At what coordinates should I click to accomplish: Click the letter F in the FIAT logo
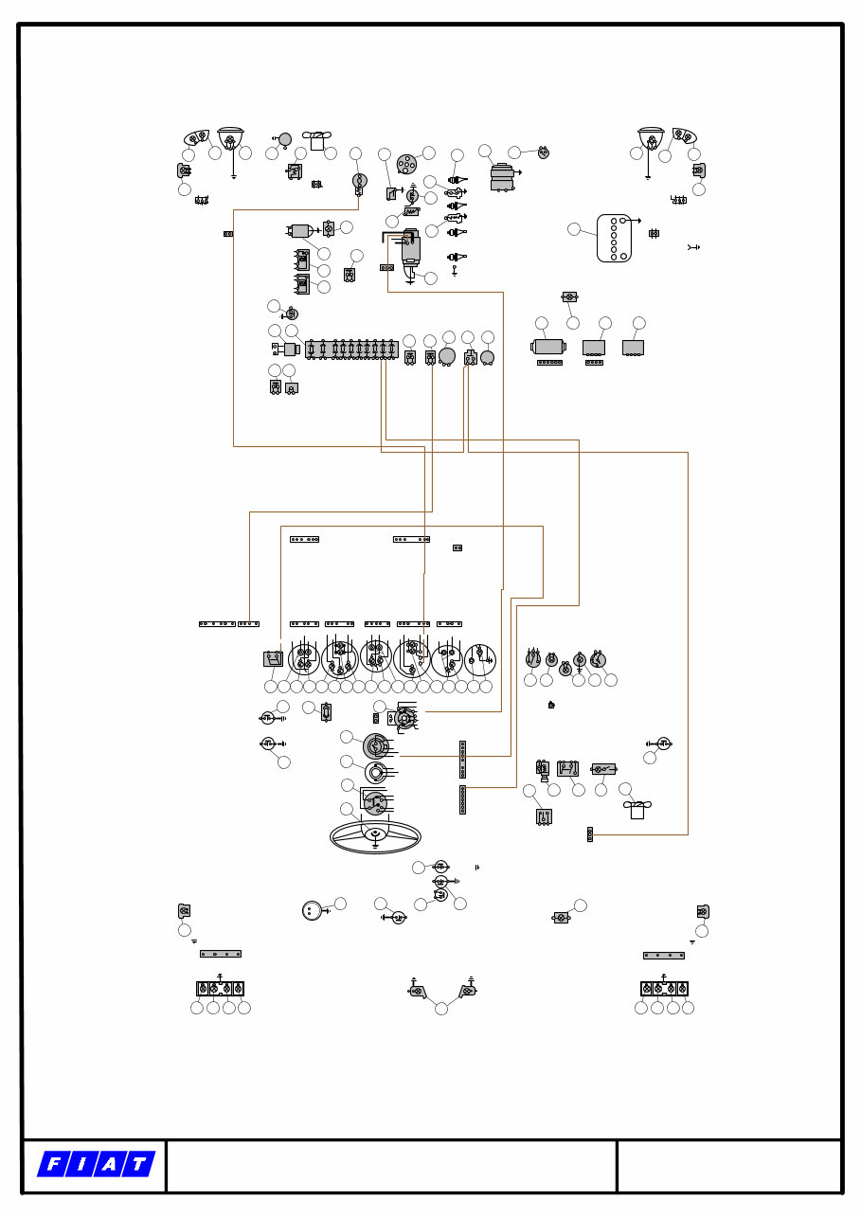click(x=53, y=1165)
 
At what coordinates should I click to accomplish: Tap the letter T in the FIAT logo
click(x=139, y=1165)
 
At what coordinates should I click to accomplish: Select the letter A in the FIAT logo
click(x=111, y=1165)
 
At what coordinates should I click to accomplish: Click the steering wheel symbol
click(x=375, y=836)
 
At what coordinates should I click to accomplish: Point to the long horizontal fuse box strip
click(x=350, y=349)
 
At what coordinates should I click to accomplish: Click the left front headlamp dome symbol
click(x=230, y=138)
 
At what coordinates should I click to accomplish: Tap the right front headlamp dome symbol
click(x=651, y=138)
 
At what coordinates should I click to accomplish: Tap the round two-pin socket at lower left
click(x=312, y=910)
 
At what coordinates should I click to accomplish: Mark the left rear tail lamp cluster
click(x=220, y=989)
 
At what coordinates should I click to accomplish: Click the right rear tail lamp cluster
click(x=664, y=989)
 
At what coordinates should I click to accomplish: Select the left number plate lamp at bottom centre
click(x=417, y=992)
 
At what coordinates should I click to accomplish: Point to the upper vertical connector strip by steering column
click(x=462, y=760)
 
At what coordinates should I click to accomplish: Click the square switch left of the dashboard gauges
click(x=273, y=658)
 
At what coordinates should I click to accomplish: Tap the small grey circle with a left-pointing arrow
click(x=285, y=139)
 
